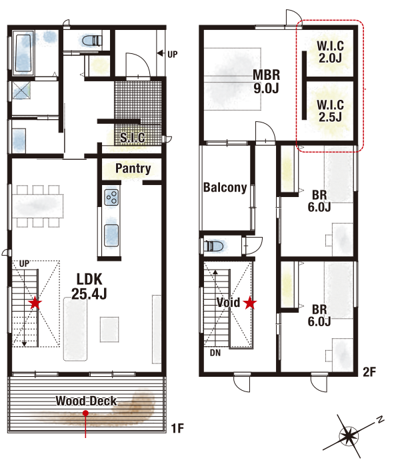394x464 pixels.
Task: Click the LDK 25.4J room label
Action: pos(89,286)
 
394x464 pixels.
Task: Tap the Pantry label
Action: pos(133,168)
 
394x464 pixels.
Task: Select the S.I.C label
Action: pos(133,138)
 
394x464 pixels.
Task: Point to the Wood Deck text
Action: pos(86,401)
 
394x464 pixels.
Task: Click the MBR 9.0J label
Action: pos(266,81)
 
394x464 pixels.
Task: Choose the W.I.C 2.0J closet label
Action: pos(330,52)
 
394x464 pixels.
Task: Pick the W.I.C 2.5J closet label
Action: pos(330,111)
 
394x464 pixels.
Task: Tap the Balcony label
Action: pos(225,187)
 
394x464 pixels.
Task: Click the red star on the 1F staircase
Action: pos(35,303)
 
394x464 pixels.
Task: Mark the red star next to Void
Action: pos(250,303)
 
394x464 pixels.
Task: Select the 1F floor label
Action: pos(178,428)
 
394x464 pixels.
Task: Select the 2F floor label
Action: pos(369,371)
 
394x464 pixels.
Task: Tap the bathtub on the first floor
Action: pos(23,53)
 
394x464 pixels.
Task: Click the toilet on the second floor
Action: pos(214,246)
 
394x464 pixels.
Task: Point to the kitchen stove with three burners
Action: pos(111,197)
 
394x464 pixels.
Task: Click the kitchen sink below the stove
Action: pos(111,236)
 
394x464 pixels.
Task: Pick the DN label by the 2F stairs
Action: pos(215,353)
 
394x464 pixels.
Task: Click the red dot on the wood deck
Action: pos(85,413)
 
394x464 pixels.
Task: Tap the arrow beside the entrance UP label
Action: pos(161,53)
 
